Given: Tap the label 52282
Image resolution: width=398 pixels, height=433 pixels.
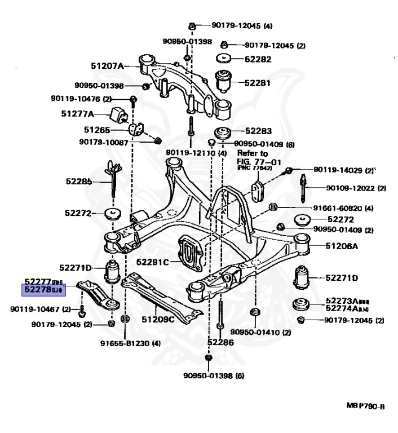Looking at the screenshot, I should coord(257,59).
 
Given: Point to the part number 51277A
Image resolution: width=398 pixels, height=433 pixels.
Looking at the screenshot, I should coord(78,113).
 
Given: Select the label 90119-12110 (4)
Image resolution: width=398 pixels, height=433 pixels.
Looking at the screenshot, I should coord(196,153).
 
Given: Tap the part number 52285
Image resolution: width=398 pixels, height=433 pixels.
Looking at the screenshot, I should coord(78,182).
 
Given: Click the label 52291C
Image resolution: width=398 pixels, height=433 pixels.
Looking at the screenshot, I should coord(153,262).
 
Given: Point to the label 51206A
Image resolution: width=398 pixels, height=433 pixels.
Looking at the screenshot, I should coord(341,246).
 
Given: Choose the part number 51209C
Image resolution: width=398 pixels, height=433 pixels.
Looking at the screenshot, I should coord(158,320).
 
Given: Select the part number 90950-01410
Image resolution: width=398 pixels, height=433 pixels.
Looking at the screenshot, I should coord(253,333).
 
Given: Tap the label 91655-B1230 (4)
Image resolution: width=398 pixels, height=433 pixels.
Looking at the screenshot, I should coord(131,343).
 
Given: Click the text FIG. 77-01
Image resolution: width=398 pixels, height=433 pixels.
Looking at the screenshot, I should coord(252,161).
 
